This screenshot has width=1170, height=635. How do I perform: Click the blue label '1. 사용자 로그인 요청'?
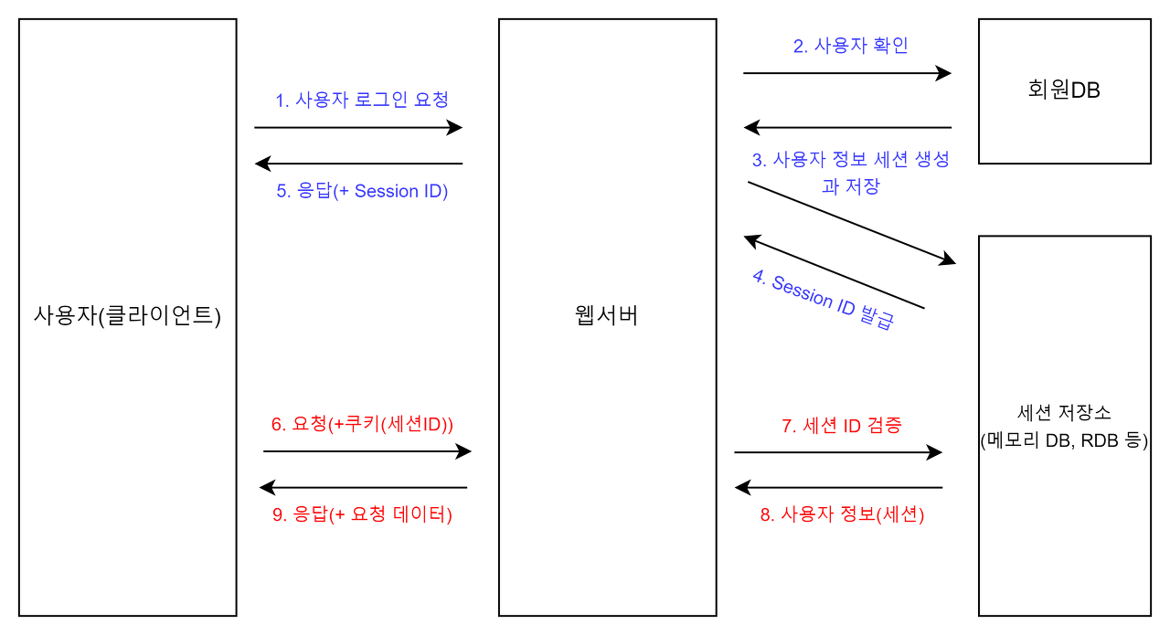pyautogui.click(x=362, y=100)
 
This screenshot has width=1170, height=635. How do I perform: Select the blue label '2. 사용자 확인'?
pyautogui.click(x=850, y=46)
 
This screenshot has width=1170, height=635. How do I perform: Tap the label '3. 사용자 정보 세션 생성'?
pyautogui.click(x=850, y=160)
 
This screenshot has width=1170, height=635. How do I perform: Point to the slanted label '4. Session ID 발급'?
pyautogui.click(x=823, y=300)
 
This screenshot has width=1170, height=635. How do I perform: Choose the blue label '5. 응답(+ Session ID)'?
pyautogui.click(x=362, y=191)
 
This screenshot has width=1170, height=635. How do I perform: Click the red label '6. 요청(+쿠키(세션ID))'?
pyautogui.click(x=362, y=425)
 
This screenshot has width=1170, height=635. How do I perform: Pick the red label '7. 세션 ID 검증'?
pyautogui.click(x=842, y=426)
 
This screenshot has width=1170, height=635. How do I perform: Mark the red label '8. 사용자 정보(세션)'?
pyautogui.click(x=842, y=514)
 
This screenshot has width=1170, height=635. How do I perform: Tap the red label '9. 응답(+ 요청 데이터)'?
pyautogui.click(x=362, y=514)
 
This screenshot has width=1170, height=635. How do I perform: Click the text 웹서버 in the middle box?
pyautogui.click(x=607, y=316)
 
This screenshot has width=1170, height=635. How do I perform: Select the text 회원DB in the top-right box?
pyautogui.click(x=1064, y=90)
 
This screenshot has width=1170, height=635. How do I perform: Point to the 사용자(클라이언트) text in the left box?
pyautogui.click(x=127, y=316)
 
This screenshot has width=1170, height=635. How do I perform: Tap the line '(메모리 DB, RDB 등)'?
pyautogui.click(x=1064, y=440)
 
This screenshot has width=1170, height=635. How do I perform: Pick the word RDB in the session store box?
pyautogui.click(x=1098, y=440)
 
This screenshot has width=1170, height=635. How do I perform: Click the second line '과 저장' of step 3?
pyautogui.click(x=850, y=187)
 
